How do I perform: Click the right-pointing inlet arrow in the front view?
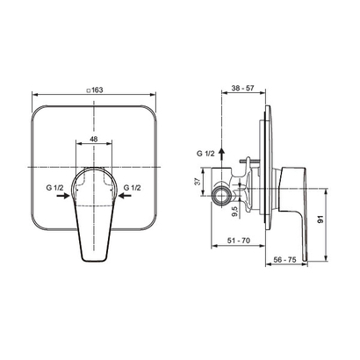click(61, 197)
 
